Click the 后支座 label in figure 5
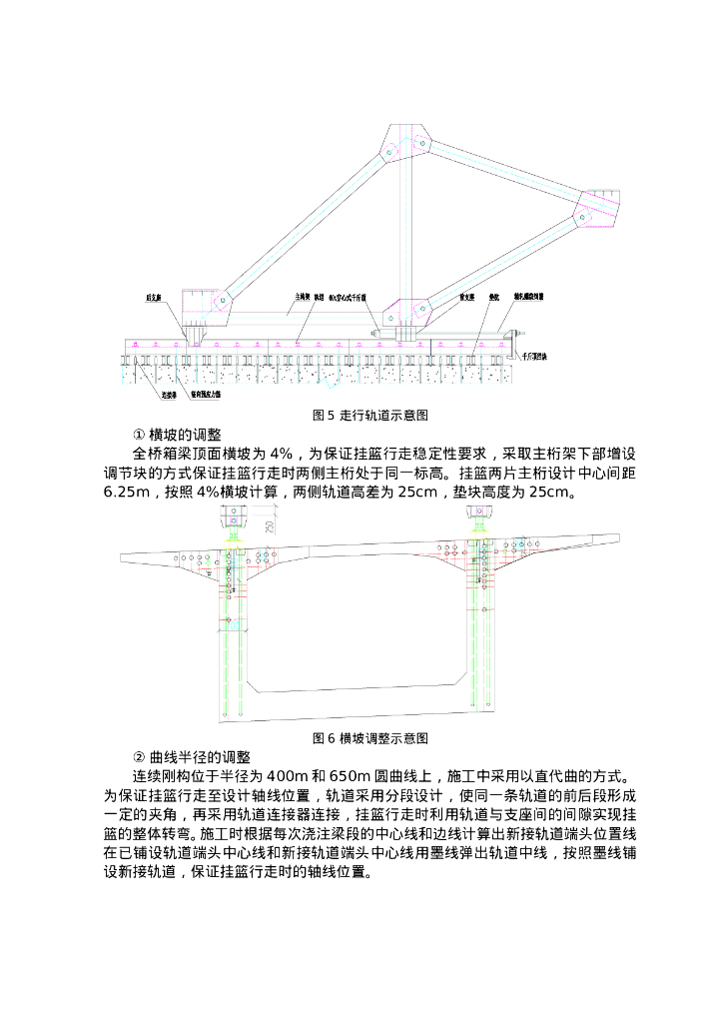pos(155,297)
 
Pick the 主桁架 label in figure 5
pos(302,297)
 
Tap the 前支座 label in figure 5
pos(465,297)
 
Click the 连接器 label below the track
pos(170,395)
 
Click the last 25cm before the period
pos(551,493)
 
